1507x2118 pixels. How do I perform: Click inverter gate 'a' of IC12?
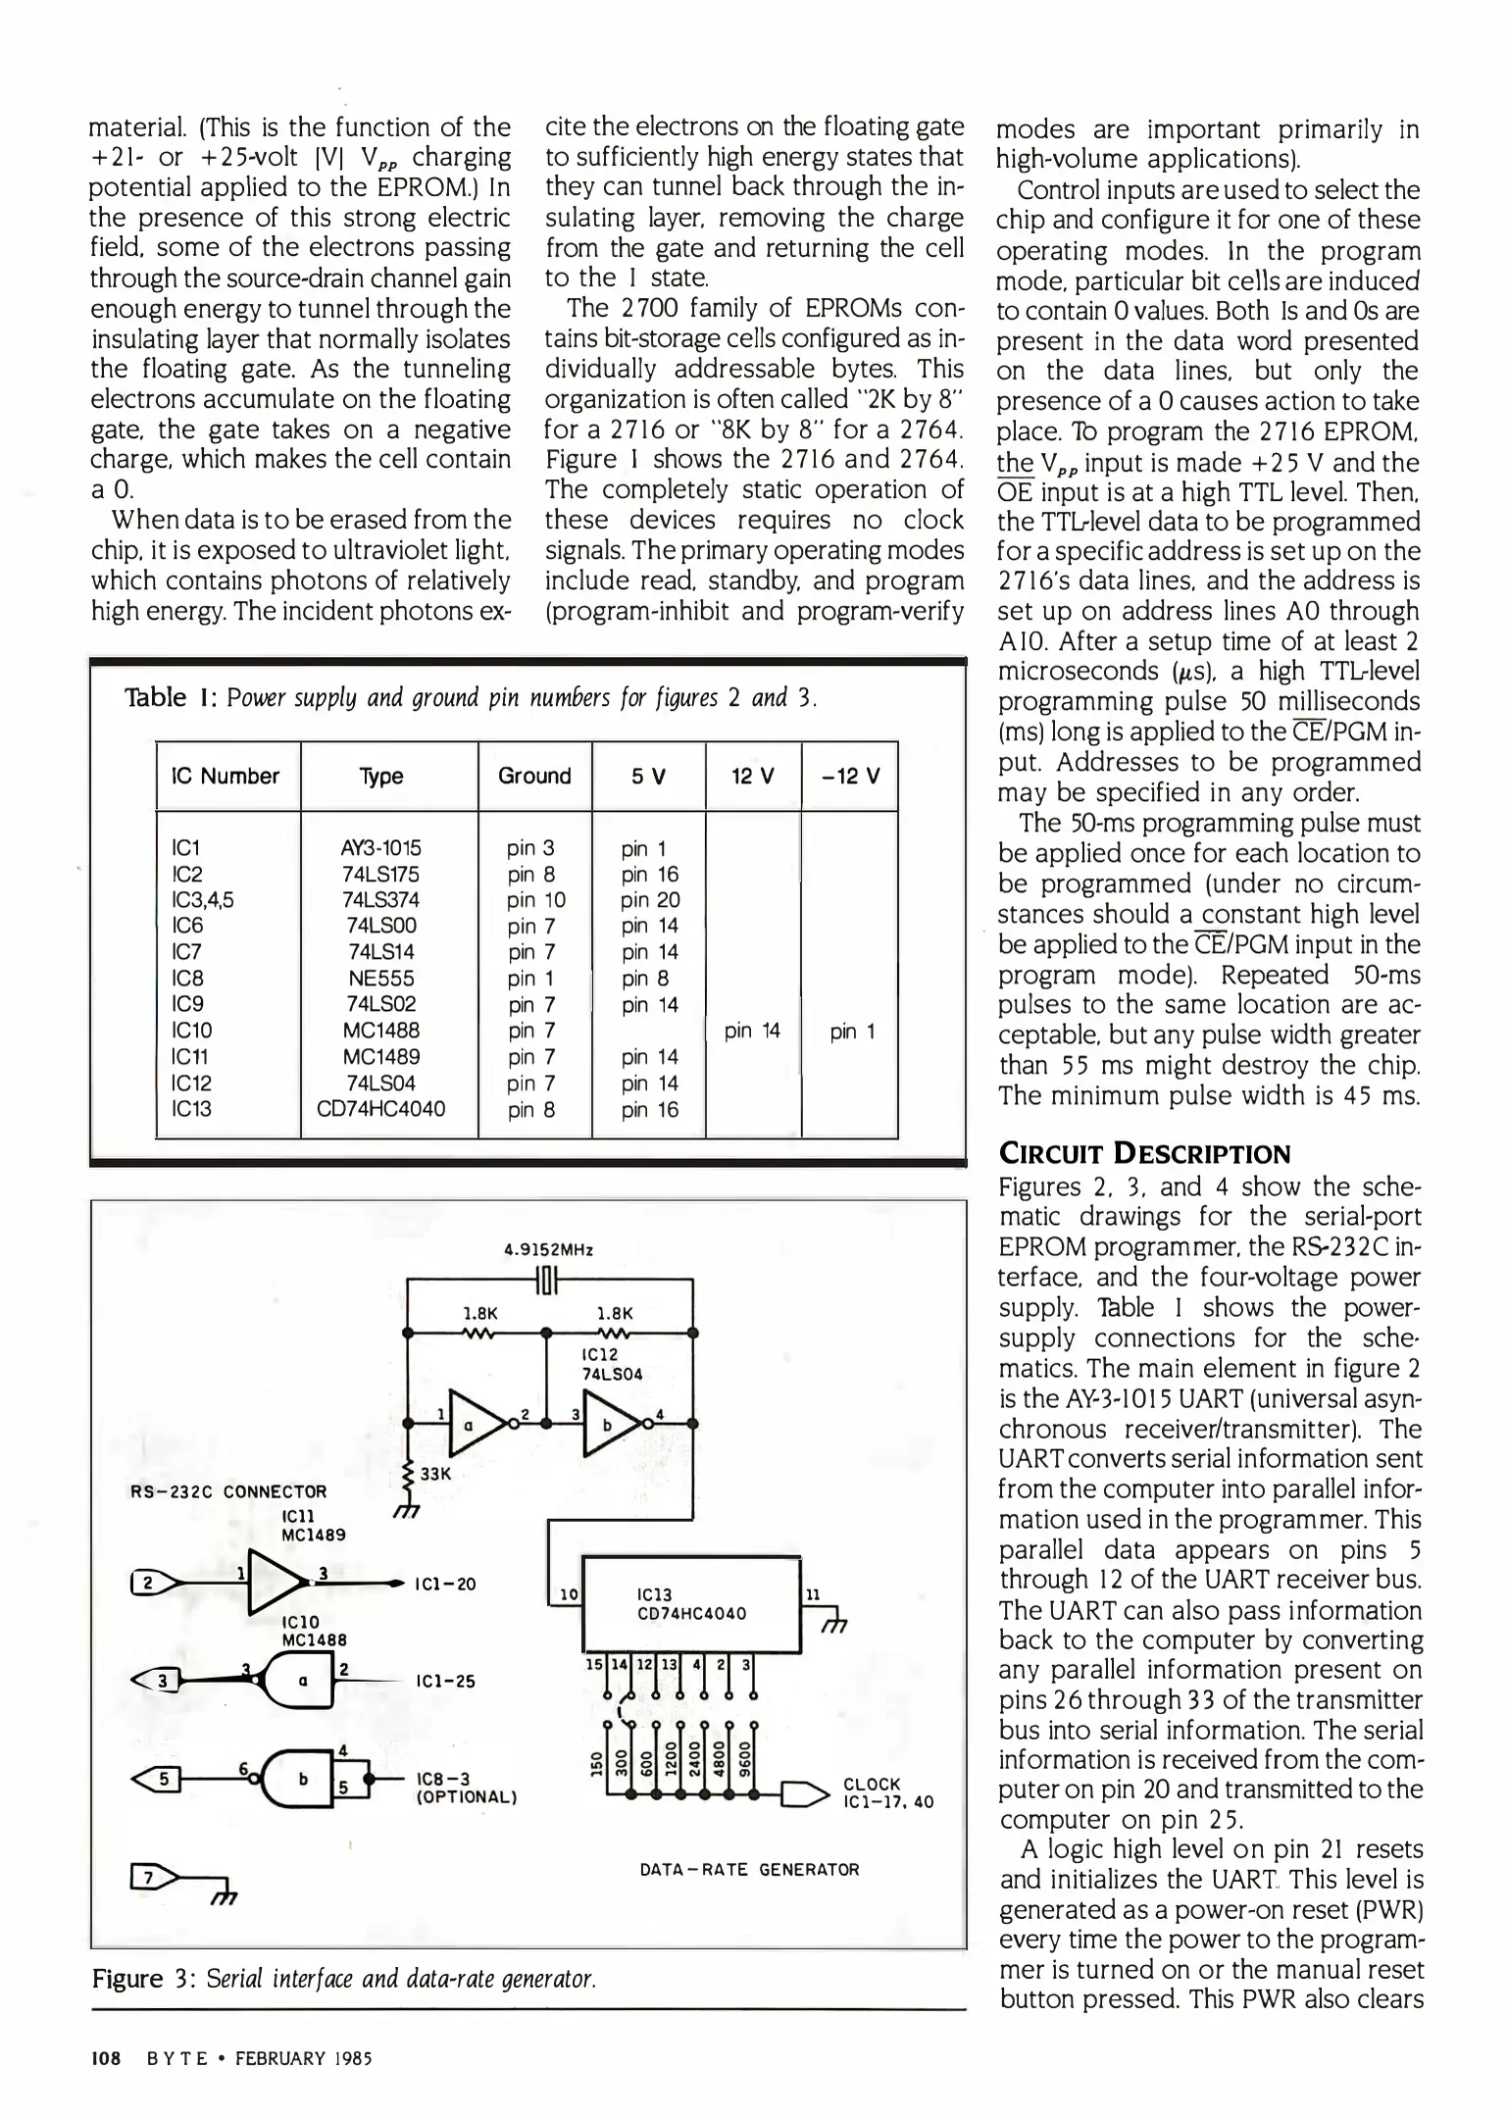point(472,1424)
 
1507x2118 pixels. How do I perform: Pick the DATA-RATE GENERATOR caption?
point(749,1869)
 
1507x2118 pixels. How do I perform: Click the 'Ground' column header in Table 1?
point(534,776)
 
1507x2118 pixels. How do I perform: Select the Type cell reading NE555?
point(381,979)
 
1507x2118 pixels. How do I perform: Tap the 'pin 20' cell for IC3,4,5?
point(649,900)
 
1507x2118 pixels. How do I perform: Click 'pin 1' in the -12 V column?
point(852,1031)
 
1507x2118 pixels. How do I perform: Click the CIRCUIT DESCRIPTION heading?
point(1144,1153)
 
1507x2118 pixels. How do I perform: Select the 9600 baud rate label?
point(742,1753)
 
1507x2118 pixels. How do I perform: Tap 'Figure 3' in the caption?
point(138,1978)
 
